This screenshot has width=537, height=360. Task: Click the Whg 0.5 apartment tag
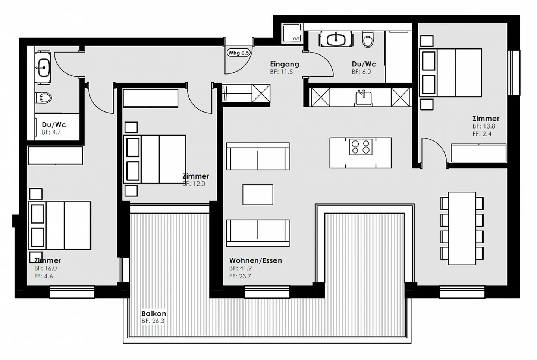pos(238,53)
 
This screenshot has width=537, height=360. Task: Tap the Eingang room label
pos(285,64)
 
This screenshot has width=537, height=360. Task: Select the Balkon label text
pos(154,314)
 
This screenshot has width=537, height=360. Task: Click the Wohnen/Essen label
pos(255,260)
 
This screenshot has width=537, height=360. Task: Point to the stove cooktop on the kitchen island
pos(361,147)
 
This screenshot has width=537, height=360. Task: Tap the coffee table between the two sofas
pos(258,195)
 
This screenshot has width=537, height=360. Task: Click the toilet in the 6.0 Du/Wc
pos(368,40)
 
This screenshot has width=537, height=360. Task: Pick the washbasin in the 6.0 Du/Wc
pos(336,39)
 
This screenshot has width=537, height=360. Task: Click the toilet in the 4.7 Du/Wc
pos(45,98)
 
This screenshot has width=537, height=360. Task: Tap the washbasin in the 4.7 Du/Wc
pos(44,67)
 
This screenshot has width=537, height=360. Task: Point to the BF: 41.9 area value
pos(240,268)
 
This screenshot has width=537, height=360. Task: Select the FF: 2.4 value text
pos(482,134)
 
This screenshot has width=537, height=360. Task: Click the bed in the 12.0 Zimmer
pos(155,159)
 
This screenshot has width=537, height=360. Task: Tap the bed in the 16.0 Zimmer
pos(60,226)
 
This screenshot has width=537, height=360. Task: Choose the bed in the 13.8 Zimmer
pos(451,73)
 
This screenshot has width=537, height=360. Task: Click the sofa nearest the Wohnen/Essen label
pos(258,233)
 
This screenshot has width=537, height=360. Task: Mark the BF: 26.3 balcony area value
pos(153,321)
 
